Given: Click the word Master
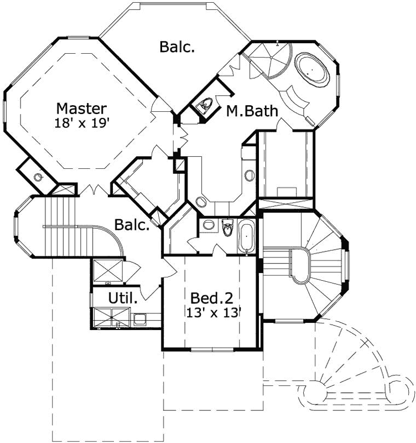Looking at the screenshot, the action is pyautogui.click(x=81, y=109).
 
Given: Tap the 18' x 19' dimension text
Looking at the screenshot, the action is pyautogui.click(x=81, y=123).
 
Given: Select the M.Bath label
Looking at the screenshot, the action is pyautogui.click(x=252, y=111).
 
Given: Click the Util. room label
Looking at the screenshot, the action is pyautogui.click(x=123, y=297).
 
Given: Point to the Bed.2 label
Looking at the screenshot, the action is pyautogui.click(x=212, y=298).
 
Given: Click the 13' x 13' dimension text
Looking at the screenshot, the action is pyautogui.click(x=214, y=313).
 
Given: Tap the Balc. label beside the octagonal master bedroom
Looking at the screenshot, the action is pyautogui.click(x=177, y=47).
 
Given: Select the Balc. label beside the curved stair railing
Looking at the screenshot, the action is pyautogui.click(x=132, y=225).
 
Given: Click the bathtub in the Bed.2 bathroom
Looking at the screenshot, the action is pyautogui.click(x=246, y=236).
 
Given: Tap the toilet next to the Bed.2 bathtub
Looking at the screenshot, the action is pyautogui.click(x=228, y=228).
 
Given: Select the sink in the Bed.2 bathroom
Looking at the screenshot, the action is pyautogui.click(x=209, y=225).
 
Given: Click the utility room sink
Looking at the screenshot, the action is pyautogui.click(x=140, y=320).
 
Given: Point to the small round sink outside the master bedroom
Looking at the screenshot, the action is pyautogui.click(x=38, y=178).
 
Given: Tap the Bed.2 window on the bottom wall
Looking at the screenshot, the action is pyautogui.click(x=212, y=350).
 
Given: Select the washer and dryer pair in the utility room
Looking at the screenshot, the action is pyautogui.click(x=111, y=318).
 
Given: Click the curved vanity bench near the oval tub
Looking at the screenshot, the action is pyautogui.click(x=294, y=99).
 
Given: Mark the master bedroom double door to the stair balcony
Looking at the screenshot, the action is pyautogui.click(x=93, y=190).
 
